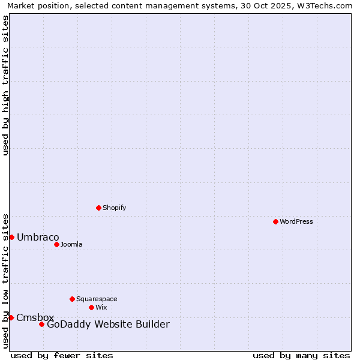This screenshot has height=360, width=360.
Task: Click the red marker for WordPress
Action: pos(275,221)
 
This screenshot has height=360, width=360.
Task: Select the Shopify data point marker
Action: pos(98,208)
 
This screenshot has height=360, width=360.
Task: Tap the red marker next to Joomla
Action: pos(56,244)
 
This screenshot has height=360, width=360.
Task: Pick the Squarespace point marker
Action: pos(72,299)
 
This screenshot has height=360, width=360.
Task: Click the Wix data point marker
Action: pos(91,307)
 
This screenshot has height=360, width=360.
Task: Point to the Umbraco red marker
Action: pos(11,237)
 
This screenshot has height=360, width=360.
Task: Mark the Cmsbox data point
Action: pos(11,317)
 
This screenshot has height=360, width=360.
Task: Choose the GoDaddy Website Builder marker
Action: pos(41,325)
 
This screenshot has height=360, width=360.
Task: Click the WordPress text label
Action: pos(296,221)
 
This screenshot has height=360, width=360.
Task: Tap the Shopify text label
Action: pos(115,208)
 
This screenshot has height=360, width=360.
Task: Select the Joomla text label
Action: pos(71,244)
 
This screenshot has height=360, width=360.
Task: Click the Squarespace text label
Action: pos(97,299)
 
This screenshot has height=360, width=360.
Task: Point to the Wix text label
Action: pos(101,307)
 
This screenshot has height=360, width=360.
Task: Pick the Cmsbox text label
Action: pos(35,317)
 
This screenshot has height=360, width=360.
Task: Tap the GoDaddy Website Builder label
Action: pos(108,325)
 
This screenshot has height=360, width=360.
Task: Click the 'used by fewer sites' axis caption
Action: pos(62,355)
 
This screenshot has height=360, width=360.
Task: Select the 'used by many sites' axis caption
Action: pos(301,355)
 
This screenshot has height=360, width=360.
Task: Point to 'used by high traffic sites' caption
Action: pos(6,85)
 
